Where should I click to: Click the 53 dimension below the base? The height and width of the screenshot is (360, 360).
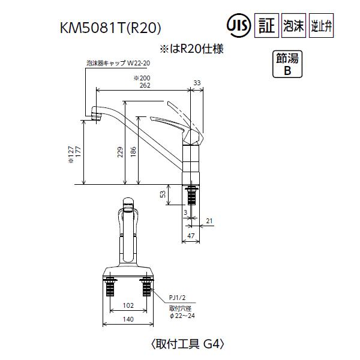(x=163, y=195)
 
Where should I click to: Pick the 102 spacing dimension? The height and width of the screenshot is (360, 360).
(x=128, y=305)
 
